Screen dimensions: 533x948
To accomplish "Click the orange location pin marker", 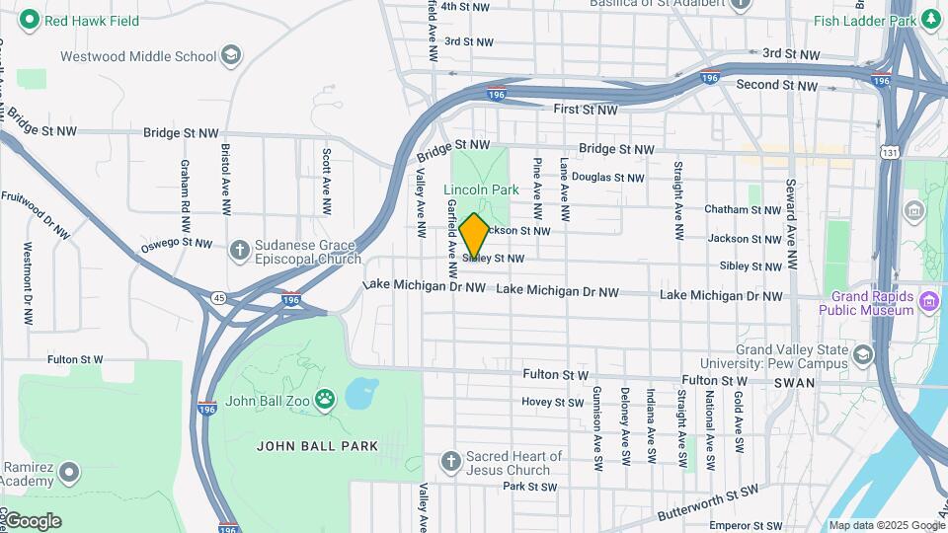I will coord(474,235).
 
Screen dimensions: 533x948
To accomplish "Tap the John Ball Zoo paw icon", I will coord(325,399).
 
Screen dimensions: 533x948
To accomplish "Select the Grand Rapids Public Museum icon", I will coord(928,300).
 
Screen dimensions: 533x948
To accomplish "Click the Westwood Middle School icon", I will coord(232,55).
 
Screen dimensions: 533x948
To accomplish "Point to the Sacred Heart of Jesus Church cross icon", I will coord(450,462).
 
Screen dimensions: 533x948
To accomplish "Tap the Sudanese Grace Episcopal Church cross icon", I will coord(239,250).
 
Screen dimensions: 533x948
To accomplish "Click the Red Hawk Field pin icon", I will coord(30,20).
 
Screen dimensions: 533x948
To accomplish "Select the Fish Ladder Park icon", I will coord(931,20).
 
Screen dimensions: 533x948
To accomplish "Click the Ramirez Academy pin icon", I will coord(68,473).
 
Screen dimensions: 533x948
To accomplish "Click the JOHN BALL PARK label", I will coord(317,446).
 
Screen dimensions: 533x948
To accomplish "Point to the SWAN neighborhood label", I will coord(794,383).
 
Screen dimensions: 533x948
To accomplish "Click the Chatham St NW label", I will coord(743,209).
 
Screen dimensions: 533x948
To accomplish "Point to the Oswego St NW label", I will coord(176,243).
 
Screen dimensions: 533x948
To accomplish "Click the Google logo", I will coord(32,520).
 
